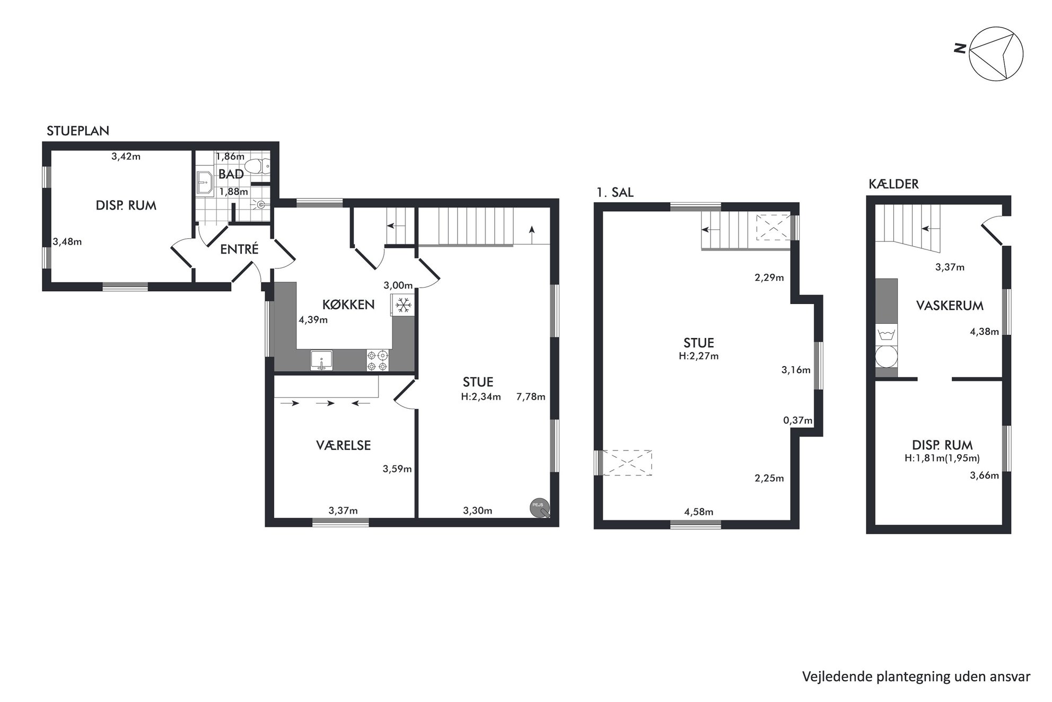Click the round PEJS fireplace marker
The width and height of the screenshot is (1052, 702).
540,507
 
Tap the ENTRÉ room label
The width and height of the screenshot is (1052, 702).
239,249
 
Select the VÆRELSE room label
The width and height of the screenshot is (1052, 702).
343,445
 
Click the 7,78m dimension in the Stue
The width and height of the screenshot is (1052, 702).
531,396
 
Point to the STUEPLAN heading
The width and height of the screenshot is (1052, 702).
78,131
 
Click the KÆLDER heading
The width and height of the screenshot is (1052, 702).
893,184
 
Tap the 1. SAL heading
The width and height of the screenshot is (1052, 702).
615,192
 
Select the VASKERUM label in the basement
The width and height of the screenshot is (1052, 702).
950,306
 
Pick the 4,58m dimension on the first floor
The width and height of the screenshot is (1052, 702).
698,512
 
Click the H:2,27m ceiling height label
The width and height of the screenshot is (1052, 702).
698,356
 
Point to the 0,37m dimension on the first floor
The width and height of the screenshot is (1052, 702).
797,421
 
